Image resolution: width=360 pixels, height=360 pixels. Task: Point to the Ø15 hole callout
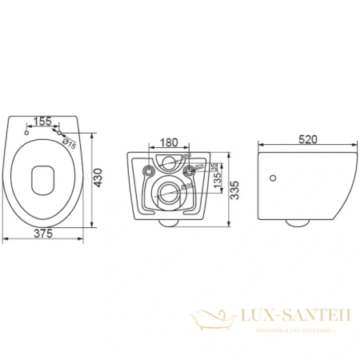[x=70, y=145]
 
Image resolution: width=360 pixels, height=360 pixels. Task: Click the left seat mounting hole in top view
[x=27, y=132]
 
